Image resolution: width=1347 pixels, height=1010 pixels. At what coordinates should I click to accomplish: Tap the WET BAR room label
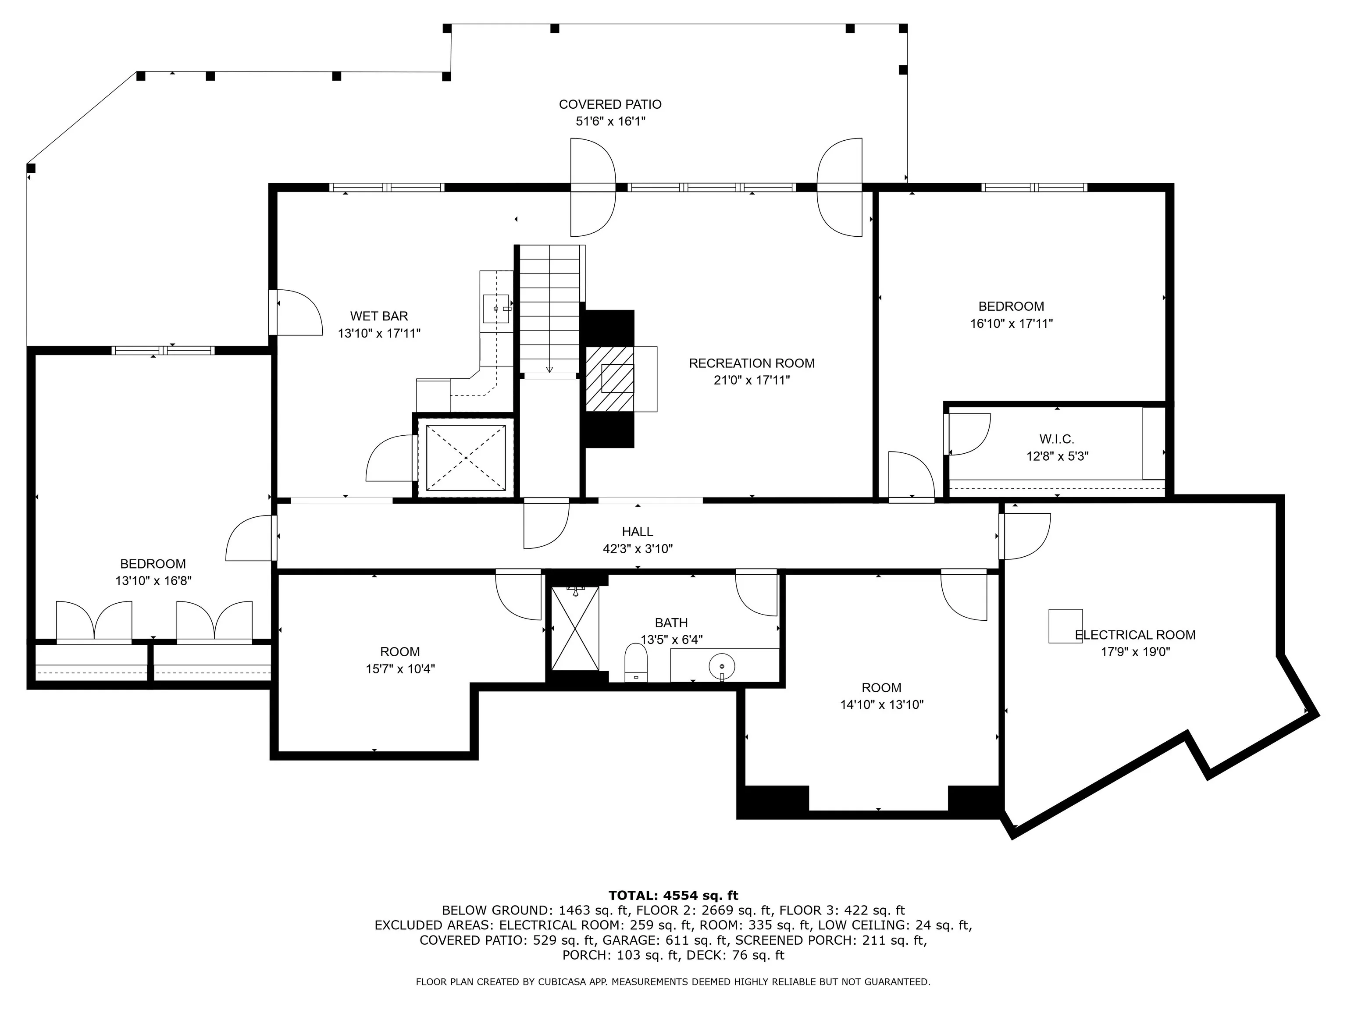pos(379,316)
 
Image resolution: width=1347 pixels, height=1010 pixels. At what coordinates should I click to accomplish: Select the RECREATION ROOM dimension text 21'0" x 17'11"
pos(752,381)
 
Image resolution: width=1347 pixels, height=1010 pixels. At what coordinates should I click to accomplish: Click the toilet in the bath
pos(636,663)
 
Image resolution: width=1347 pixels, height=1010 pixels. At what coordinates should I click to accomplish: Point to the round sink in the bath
pos(722,662)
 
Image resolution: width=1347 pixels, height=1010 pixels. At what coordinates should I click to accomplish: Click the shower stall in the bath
pos(575,628)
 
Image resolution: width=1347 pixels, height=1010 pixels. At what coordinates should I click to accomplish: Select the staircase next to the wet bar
pos(549,309)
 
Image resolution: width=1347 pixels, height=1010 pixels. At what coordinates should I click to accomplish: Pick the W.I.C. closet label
pos(1057,439)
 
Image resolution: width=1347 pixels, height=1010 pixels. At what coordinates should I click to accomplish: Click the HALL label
pos(638,531)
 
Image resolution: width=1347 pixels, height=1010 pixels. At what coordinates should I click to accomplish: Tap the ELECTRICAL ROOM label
pos(1135,635)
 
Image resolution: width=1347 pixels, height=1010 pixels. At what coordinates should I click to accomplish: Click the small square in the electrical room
pos(1065,626)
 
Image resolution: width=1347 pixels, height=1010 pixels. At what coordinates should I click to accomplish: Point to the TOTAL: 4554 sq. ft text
pos(673,896)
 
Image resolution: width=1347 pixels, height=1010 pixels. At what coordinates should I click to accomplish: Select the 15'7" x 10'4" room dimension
pos(400,669)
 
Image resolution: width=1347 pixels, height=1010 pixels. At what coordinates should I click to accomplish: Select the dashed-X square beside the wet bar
pos(466,457)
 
